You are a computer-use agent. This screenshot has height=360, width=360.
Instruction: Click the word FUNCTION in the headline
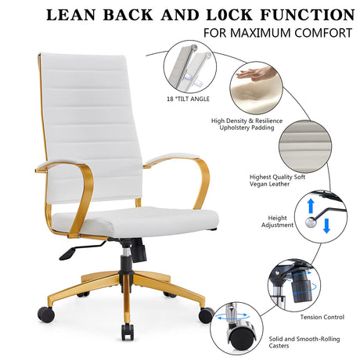308,15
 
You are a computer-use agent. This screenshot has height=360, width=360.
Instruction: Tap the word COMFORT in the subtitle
323,33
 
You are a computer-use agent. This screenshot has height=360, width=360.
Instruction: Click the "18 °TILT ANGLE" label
188,99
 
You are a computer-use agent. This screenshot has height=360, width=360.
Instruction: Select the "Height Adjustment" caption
277,221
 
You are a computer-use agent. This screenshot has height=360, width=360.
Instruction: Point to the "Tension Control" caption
322,317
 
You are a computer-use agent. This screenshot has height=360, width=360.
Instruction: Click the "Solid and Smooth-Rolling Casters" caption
304,342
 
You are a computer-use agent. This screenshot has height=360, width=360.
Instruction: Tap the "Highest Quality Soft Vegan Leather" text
277,181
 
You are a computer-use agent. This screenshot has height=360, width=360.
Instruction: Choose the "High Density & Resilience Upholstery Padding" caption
247,124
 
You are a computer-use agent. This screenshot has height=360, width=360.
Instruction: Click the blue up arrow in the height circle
311,206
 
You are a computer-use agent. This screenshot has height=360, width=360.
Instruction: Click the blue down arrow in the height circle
326,226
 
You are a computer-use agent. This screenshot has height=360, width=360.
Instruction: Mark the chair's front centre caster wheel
128,332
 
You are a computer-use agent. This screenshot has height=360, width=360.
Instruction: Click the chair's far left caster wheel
46,314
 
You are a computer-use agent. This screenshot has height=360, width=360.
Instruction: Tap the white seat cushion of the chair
135,221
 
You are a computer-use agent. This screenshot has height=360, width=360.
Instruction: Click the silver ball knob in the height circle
311,222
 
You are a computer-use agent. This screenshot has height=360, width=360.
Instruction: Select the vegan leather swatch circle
305,146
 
